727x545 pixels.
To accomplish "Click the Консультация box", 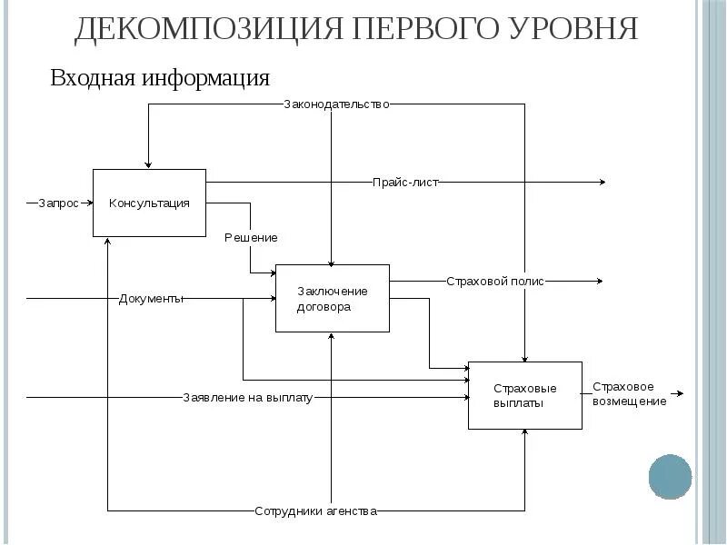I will pyautogui.click(x=149, y=203).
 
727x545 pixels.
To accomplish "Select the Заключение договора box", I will pyautogui.click(x=332, y=298).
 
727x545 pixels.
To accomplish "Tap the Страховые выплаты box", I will pyautogui.click(x=524, y=395).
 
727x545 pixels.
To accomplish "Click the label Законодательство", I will pyautogui.click(x=336, y=104).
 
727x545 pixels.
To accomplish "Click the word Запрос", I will pyautogui.click(x=58, y=203).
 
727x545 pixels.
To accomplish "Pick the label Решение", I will pyautogui.click(x=251, y=238).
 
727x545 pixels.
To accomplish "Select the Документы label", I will pyautogui.click(x=151, y=298).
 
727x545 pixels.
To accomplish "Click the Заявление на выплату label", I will pyautogui.click(x=247, y=397).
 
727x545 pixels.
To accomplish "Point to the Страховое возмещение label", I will pyautogui.click(x=629, y=394).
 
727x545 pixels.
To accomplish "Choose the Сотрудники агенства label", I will pyautogui.click(x=315, y=511).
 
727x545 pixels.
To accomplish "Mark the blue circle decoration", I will pyautogui.click(x=671, y=476).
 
